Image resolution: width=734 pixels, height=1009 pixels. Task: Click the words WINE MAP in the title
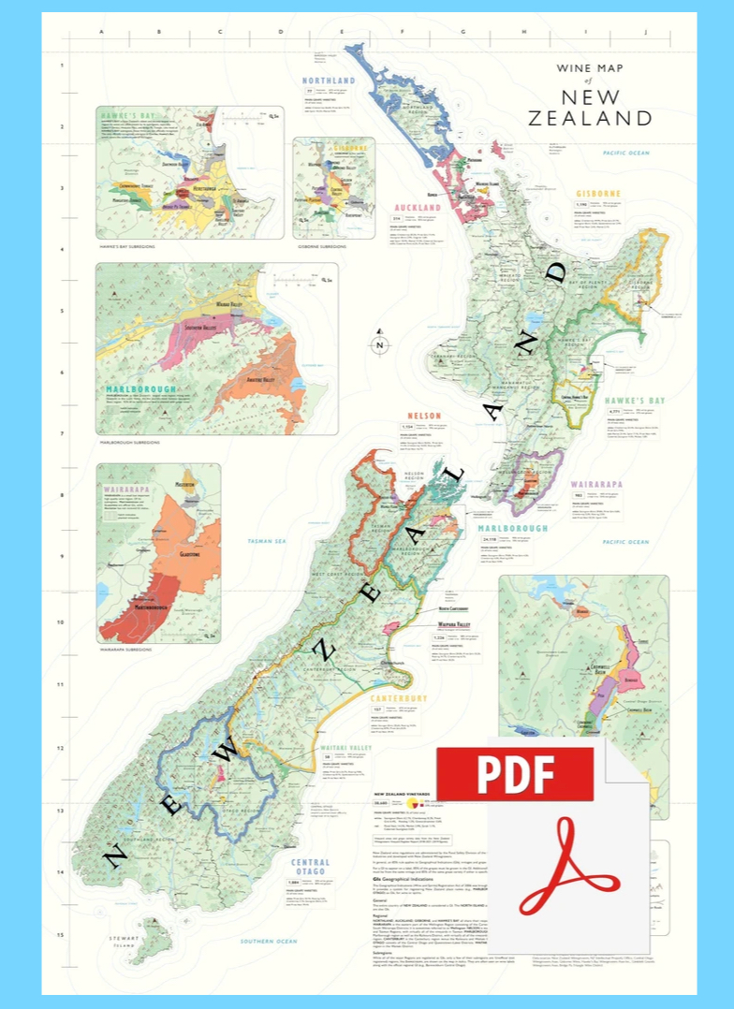590,68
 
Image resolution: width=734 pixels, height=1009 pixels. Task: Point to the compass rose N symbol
380,344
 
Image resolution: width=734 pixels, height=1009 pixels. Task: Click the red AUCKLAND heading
417,207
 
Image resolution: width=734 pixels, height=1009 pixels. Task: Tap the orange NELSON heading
423,416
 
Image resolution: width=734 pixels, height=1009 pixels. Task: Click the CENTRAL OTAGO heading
310,868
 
